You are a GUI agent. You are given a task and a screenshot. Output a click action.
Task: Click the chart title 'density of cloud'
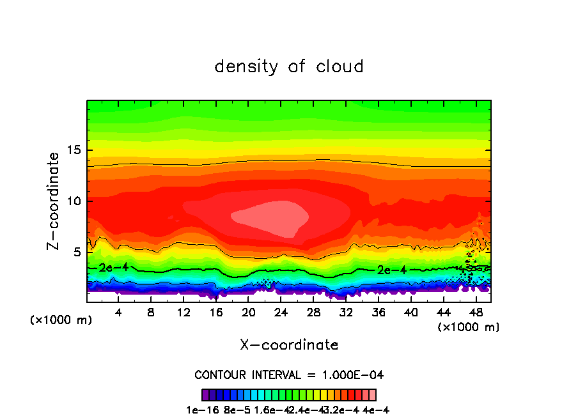click(289, 66)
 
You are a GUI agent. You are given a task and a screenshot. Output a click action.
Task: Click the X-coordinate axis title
click(289, 345)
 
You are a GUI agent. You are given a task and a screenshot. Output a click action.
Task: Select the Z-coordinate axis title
click(55, 200)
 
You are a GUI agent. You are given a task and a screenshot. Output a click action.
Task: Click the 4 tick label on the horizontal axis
click(118, 313)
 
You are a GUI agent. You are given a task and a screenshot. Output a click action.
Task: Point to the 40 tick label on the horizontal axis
click(410, 313)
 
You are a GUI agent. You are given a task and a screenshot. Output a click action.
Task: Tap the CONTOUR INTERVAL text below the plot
click(289, 375)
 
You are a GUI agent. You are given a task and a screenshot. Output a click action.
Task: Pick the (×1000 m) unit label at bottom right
click(469, 327)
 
